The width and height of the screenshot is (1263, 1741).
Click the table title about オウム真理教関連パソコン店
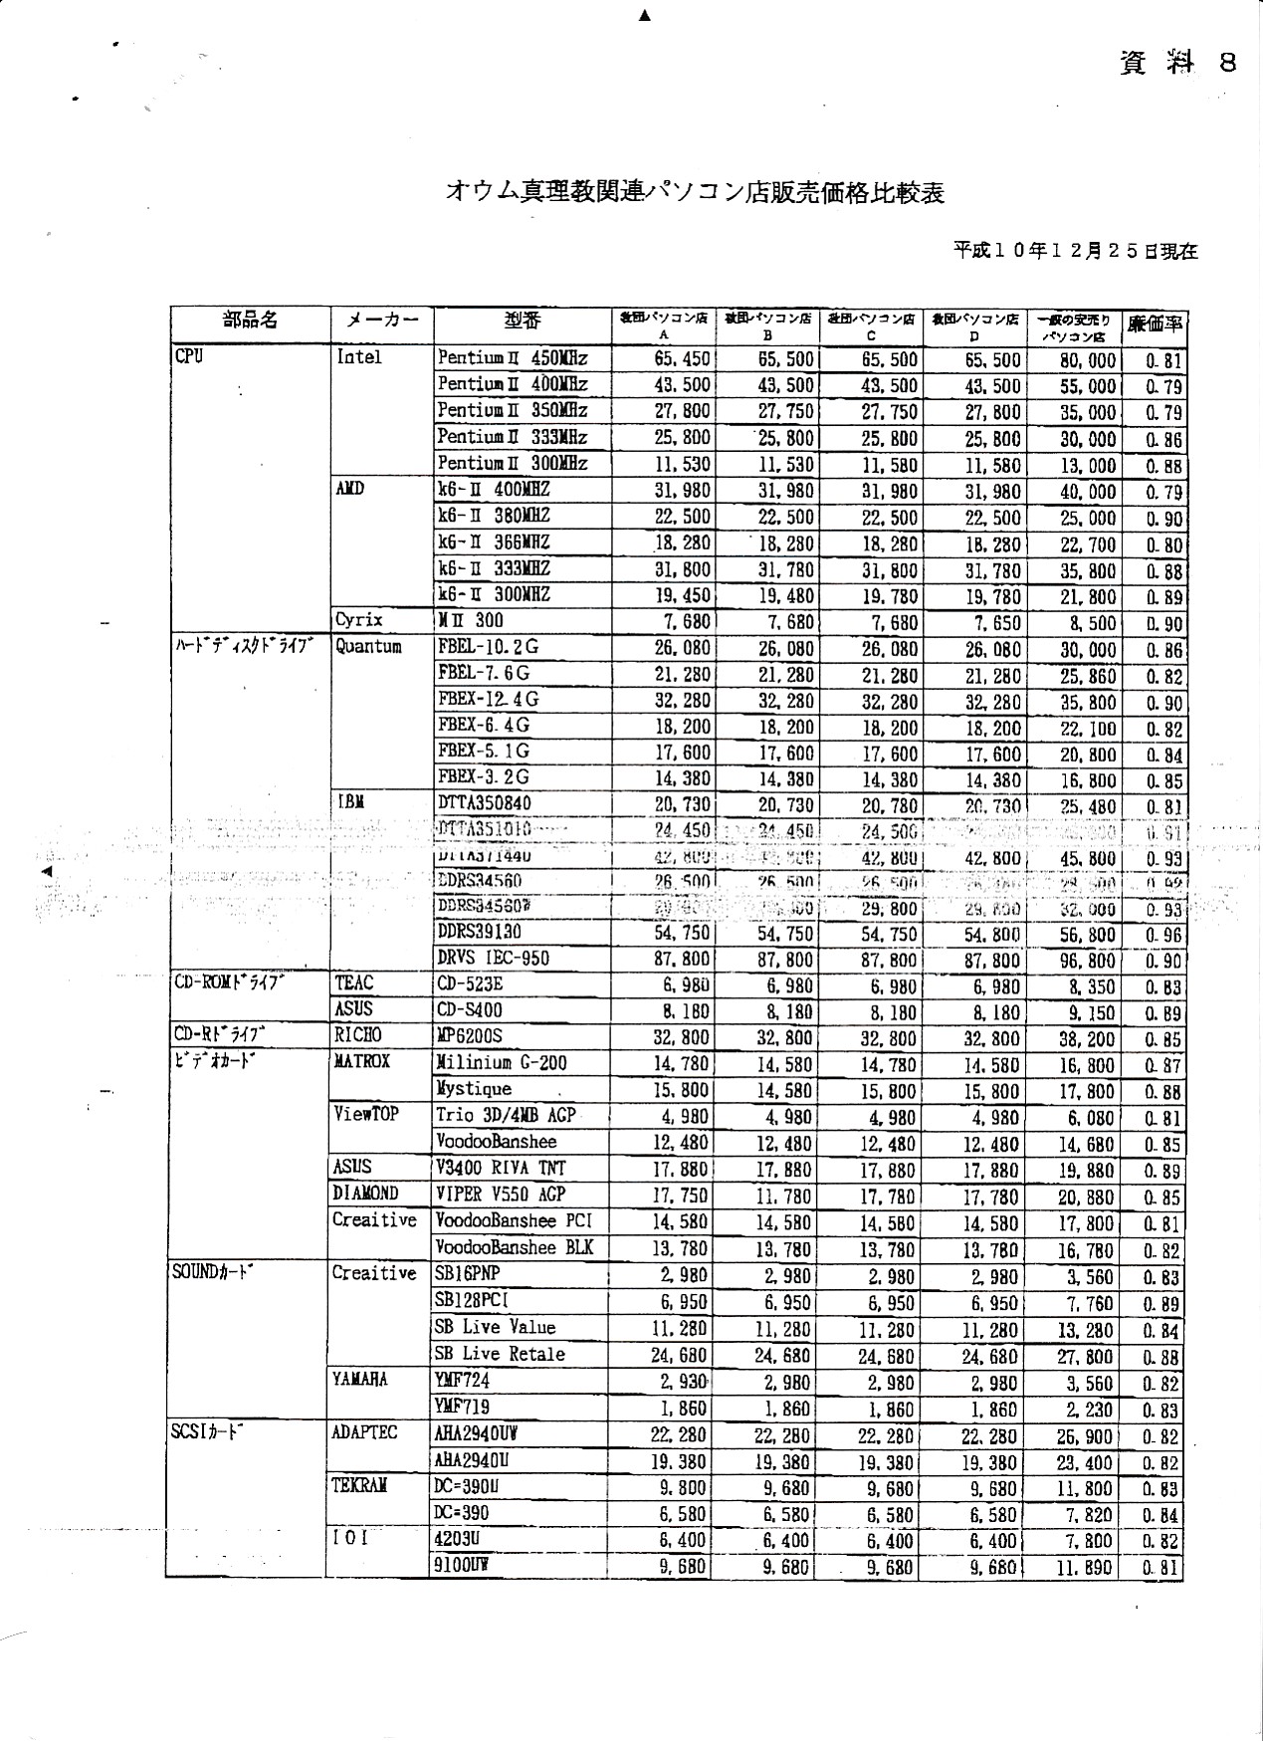point(694,193)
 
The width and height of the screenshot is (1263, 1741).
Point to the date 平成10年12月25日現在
point(1075,251)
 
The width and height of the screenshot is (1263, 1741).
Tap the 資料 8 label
point(1178,63)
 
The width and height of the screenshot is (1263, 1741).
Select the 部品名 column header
point(250,320)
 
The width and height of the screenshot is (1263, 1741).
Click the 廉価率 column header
point(1154,325)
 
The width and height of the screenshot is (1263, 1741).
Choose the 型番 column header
point(522,321)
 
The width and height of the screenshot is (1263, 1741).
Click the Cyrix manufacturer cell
point(359,620)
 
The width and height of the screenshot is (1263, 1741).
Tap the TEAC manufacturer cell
point(354,983)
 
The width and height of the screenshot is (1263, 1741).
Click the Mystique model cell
point(475,1089)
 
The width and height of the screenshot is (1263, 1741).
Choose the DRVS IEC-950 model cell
point(494,959)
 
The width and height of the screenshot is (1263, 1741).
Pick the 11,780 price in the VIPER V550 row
point(785,1196)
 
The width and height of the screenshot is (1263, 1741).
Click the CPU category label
point(189,355)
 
